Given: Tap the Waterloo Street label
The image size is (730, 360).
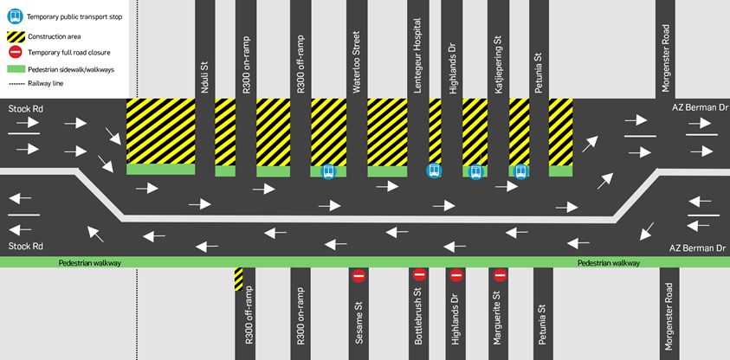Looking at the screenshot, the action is pyautogui.click(x=357, y=63).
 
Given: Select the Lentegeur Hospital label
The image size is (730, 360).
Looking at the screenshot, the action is pyautogui.click(x=417, y=55).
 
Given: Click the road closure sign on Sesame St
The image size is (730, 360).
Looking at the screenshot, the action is pyautogui.click(x=359, y=276).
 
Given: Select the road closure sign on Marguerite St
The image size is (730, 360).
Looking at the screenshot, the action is pyautogui.click(x=500, y=275).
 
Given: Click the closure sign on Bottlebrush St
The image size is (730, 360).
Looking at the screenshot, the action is pyautogui.click(x=419, y=274).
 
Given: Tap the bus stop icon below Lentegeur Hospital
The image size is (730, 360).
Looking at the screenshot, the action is pyautogui.click(x=434, y=170).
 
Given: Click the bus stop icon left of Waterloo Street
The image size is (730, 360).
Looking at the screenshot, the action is pyautogui.click(x=328, y=172).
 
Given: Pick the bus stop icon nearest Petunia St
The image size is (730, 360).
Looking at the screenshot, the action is pyautogui.click(x=520, y=171).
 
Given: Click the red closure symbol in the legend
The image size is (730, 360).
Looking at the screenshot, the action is pyautogui.click(x=15, y=53).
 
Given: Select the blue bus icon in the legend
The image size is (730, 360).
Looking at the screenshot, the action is pyautogui.click(x=15, y=16).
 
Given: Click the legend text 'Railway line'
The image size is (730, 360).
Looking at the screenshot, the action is pyautogui.click(x=46, y=84).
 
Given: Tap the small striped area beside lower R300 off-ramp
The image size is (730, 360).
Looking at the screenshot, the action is pyautogui.click(x=238, y=279).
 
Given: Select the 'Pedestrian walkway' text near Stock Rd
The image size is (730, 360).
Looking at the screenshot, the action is pyautogui.click(x=90, y=263).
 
